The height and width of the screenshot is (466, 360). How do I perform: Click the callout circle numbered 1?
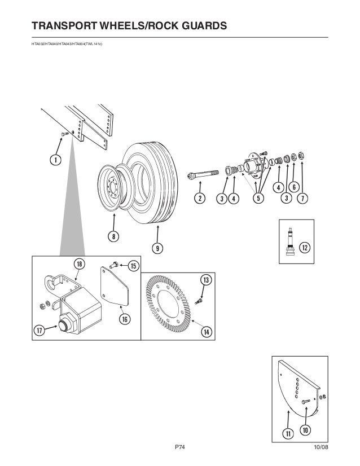pyautogui.click(x=55, y=160)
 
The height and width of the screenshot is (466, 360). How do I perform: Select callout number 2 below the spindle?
pyautogui.click(x=199, y=198)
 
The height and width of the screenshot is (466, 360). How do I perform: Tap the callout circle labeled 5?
pyautogui.click(x=258, y=198)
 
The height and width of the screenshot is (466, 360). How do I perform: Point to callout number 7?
pyautogui.click(x=303, y=198)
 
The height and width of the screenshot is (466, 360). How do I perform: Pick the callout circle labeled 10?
pyautogui.click(x=305, y=430)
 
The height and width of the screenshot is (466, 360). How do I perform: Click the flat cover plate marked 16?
pyautogui.click(x=117, y=288)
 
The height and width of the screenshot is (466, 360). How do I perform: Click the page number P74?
pyautogui.click(x=180, y=447)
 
